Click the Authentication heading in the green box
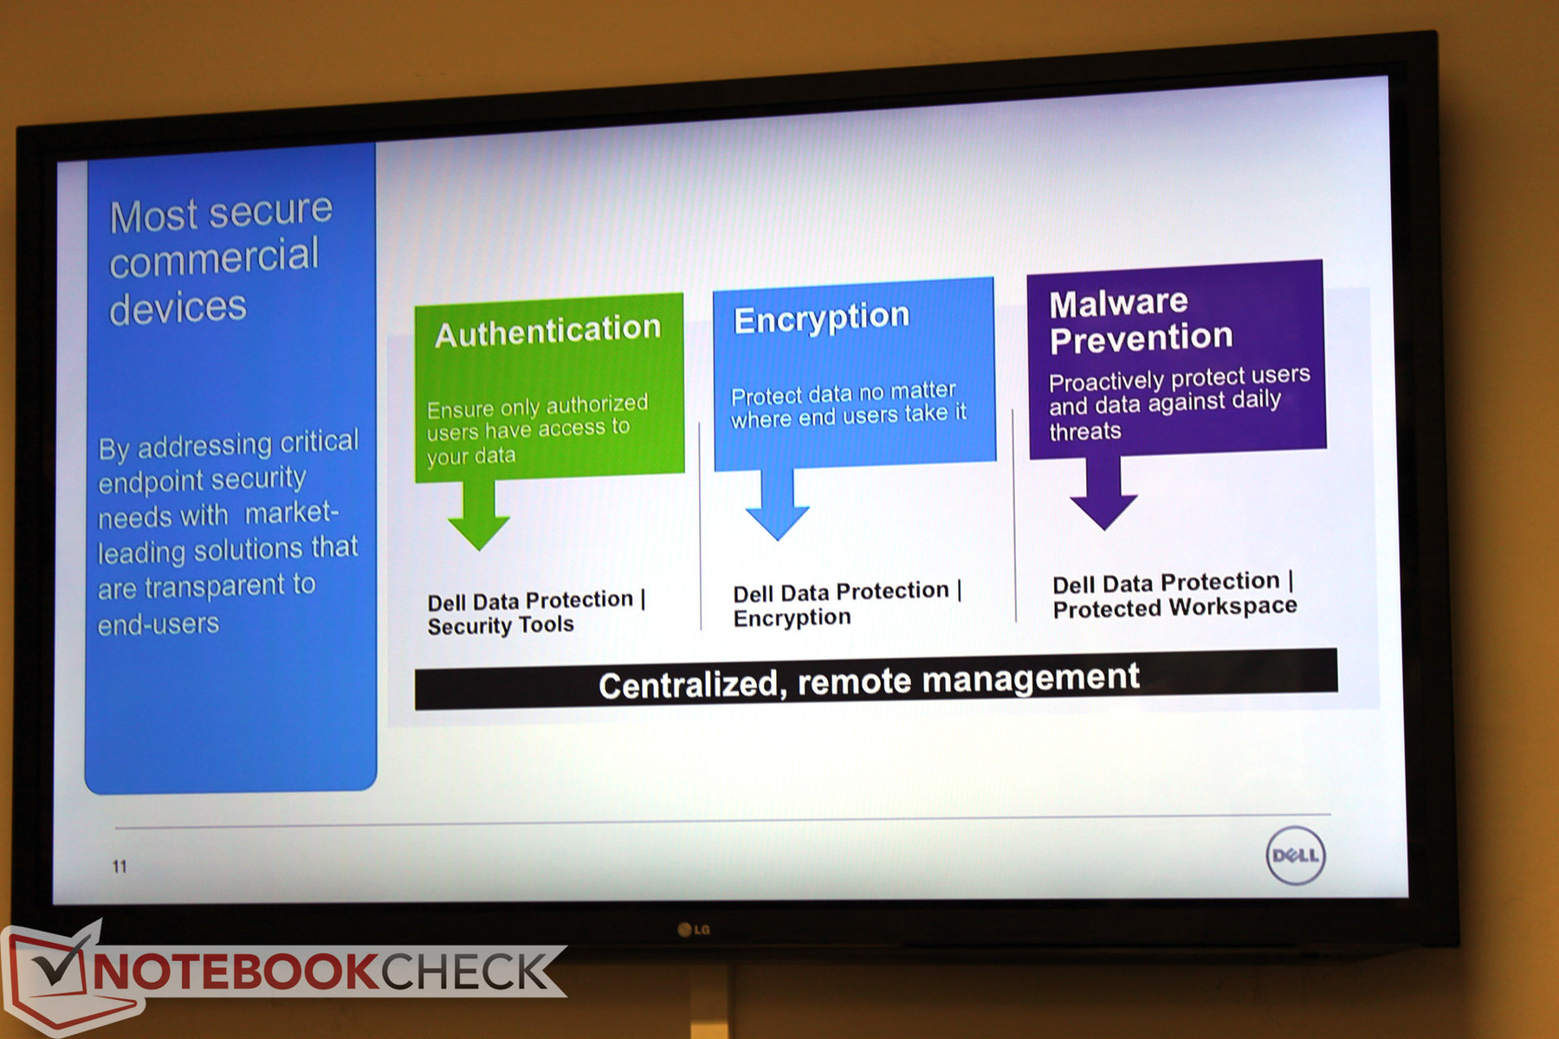click(547, 331)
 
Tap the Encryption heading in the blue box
click(821, 319)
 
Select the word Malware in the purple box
click(1118, 303)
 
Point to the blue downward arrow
click(777, 506)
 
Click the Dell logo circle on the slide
click(1296, 855)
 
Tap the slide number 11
click(120, 866)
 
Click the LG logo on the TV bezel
click(694, 930)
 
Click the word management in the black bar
click(1031, 677)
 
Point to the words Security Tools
click(501, 625)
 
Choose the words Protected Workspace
click(1175, 607)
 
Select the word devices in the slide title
click(178, 308)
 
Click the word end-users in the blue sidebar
click(158, 623)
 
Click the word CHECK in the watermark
click(466, 971)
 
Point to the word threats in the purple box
click(1085, 431)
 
